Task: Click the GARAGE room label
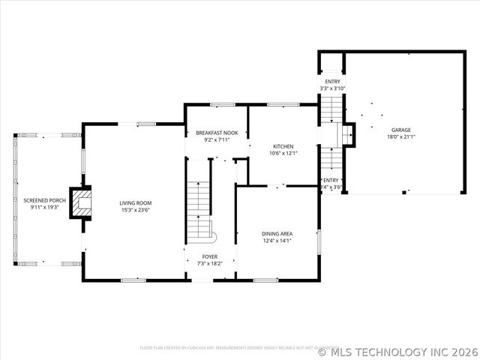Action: click(x=400, y=129)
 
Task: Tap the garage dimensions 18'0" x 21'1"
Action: click(x=400, y=136)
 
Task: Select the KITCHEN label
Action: click(x=283, y=146)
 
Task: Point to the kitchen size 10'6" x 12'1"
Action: click(x=283, y=154)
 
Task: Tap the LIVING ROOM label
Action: click(x=136, y=203)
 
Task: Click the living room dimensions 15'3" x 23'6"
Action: click(x=136, y=211)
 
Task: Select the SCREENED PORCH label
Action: click(x=44, y=200)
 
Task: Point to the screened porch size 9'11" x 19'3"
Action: click(x=44, y=208)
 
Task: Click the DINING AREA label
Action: click(x=277, y=233)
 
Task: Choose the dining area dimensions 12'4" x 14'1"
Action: click(x=277, y=241)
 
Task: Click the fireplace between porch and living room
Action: click(x=80, y=202)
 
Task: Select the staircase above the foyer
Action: click(x=199, y=210)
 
